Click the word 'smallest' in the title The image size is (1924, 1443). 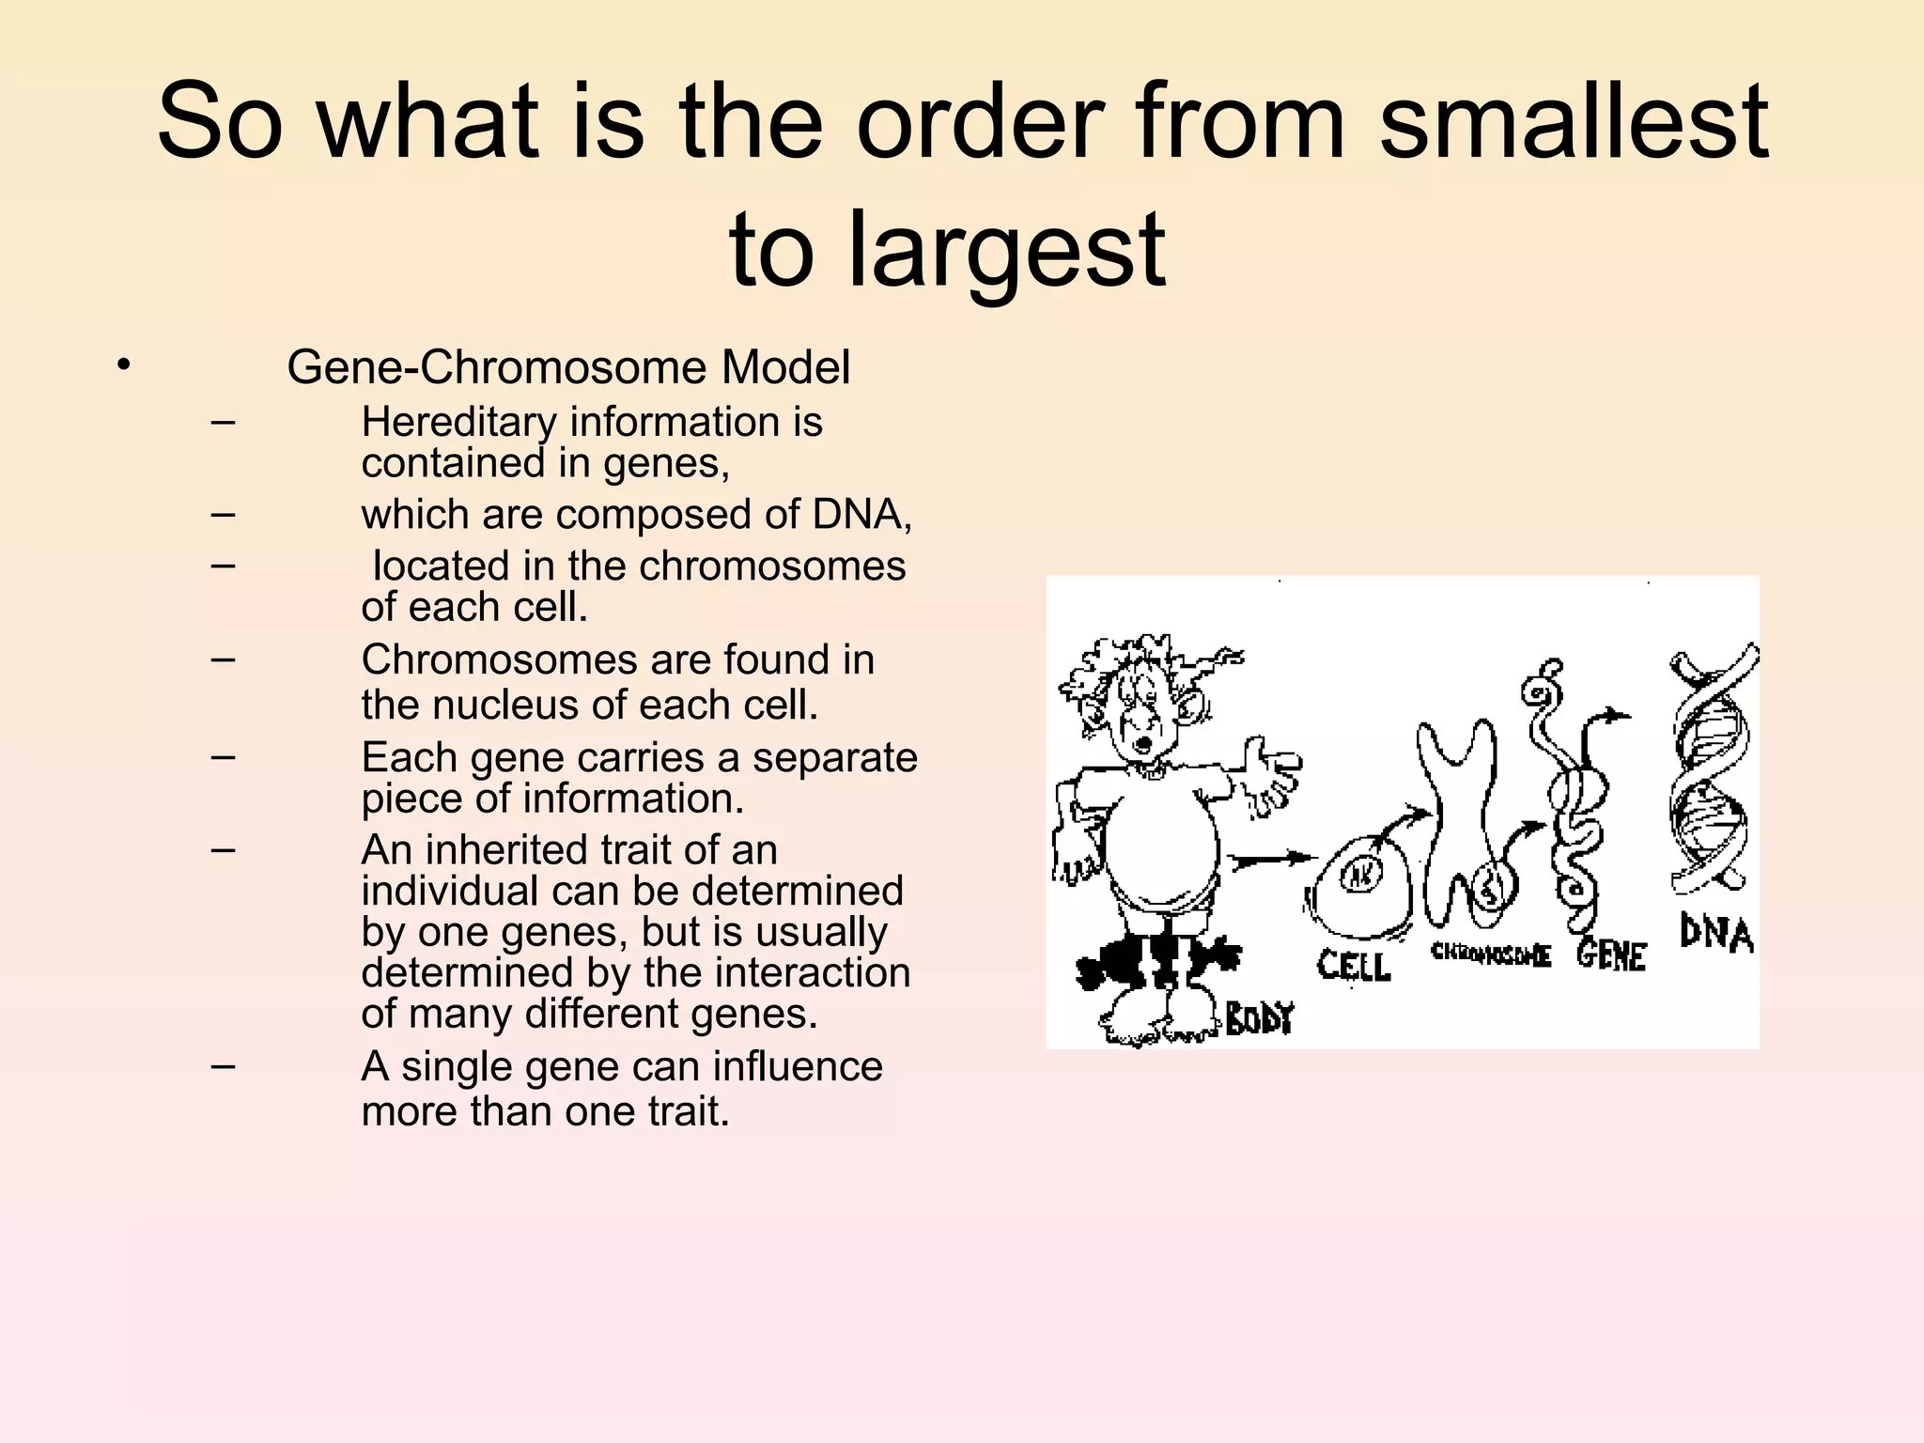[1574, 122]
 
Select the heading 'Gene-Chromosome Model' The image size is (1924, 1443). [568, 367]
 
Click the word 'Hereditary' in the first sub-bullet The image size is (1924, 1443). [458, 423]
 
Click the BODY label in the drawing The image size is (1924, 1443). [1260, 1018]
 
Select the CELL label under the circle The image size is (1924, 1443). [1354, 966]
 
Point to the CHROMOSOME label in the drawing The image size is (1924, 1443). [1490, 954]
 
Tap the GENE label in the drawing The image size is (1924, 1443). [1611, 956]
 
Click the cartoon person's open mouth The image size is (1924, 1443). [1143, 745]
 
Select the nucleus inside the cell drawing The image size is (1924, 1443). [1360, 876]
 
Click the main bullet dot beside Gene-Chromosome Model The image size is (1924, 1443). [123, 365]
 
